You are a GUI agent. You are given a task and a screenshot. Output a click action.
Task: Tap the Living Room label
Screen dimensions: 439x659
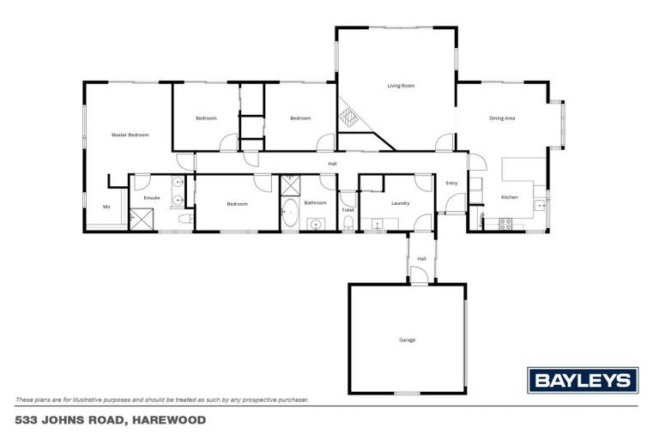(401, 86)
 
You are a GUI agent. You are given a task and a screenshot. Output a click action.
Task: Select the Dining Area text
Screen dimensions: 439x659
(502, 117)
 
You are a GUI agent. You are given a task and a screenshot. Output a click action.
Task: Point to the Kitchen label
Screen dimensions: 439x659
(509, 198)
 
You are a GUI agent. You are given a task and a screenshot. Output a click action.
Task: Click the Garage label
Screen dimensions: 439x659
(407, 340)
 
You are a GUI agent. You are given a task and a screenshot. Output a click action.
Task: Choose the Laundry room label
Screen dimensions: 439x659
(400, 203)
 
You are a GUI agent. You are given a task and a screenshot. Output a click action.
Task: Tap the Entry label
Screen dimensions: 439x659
(451, 183)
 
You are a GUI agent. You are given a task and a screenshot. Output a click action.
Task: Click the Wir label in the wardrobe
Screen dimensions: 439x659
(106, 207)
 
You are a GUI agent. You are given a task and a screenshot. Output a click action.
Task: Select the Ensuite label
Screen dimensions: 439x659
(152, 198)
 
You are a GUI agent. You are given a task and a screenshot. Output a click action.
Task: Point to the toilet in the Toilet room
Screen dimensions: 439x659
(348, 224)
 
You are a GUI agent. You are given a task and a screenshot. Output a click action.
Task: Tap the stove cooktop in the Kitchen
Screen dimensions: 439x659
(505, 225)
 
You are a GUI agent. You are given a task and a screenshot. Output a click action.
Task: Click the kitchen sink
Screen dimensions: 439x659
(539, 204)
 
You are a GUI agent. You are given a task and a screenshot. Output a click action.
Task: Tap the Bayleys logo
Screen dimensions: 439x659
(582, 380)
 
